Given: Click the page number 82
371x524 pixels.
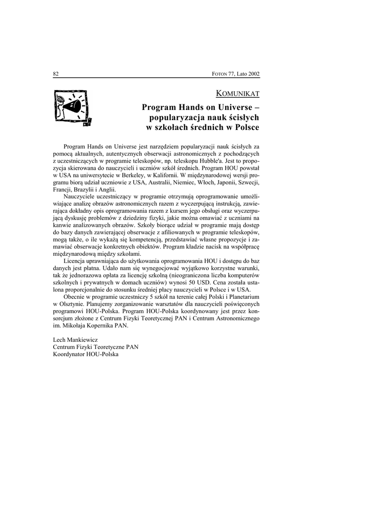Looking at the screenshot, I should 56,74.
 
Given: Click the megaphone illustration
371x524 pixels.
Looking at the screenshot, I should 72,108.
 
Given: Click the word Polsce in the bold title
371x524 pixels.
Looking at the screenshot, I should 245,127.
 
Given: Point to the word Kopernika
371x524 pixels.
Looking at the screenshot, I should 97,325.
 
